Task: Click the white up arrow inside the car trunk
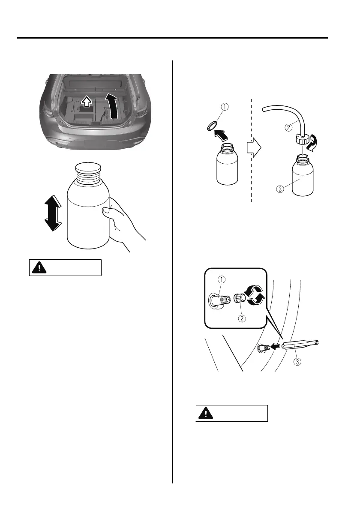click(x=86, y=102)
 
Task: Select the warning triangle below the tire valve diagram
click(x=207, y=413)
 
